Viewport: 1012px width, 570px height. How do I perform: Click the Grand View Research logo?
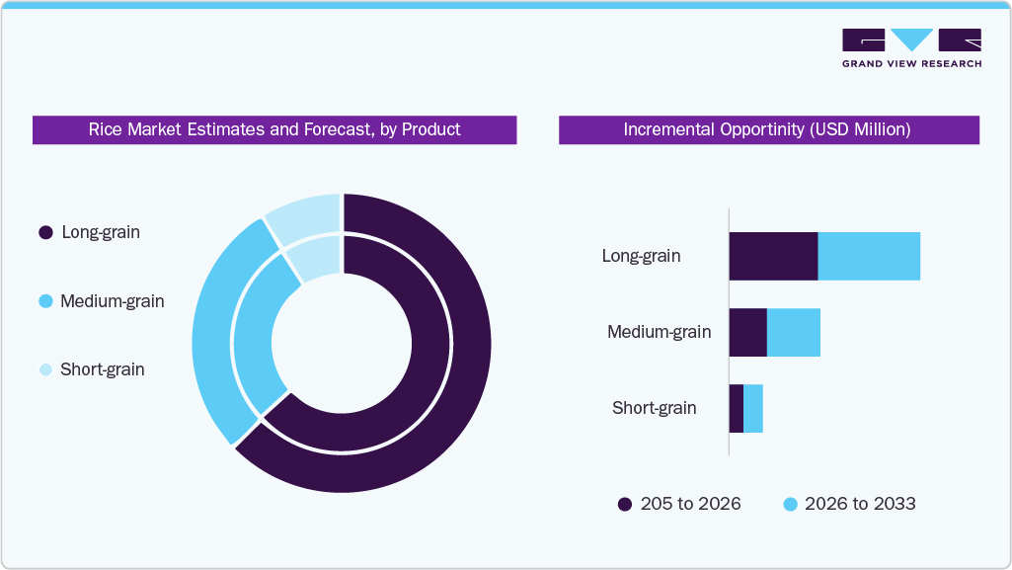click(911, 47)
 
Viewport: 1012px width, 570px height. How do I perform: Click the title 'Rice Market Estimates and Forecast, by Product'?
click(274, 129)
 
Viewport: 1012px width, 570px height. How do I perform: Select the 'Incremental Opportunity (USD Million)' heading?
click(768, 129)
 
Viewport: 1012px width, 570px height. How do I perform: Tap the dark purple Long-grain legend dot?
click(45, 233)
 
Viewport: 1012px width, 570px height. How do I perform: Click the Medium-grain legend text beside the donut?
click(112, 301)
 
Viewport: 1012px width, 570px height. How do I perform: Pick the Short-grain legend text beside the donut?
click(102, 369)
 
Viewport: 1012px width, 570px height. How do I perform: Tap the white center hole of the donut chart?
click(342, 344)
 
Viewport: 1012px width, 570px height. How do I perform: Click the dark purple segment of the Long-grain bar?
click(773, 257)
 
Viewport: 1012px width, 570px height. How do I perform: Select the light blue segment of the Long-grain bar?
click(869, 257)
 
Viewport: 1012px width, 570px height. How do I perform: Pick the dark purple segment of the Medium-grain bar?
click(747, 333)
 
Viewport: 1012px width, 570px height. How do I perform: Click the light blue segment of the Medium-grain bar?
click(794, 333)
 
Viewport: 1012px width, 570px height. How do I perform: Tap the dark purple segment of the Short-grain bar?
click(736, 409)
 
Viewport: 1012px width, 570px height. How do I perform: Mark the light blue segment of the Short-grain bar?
click(753, 409)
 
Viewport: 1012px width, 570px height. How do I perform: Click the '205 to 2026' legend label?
click(690, 504)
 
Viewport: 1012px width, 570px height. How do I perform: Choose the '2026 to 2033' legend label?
click(860, 504)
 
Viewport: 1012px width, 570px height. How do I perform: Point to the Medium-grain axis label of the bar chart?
click(659, 332)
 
